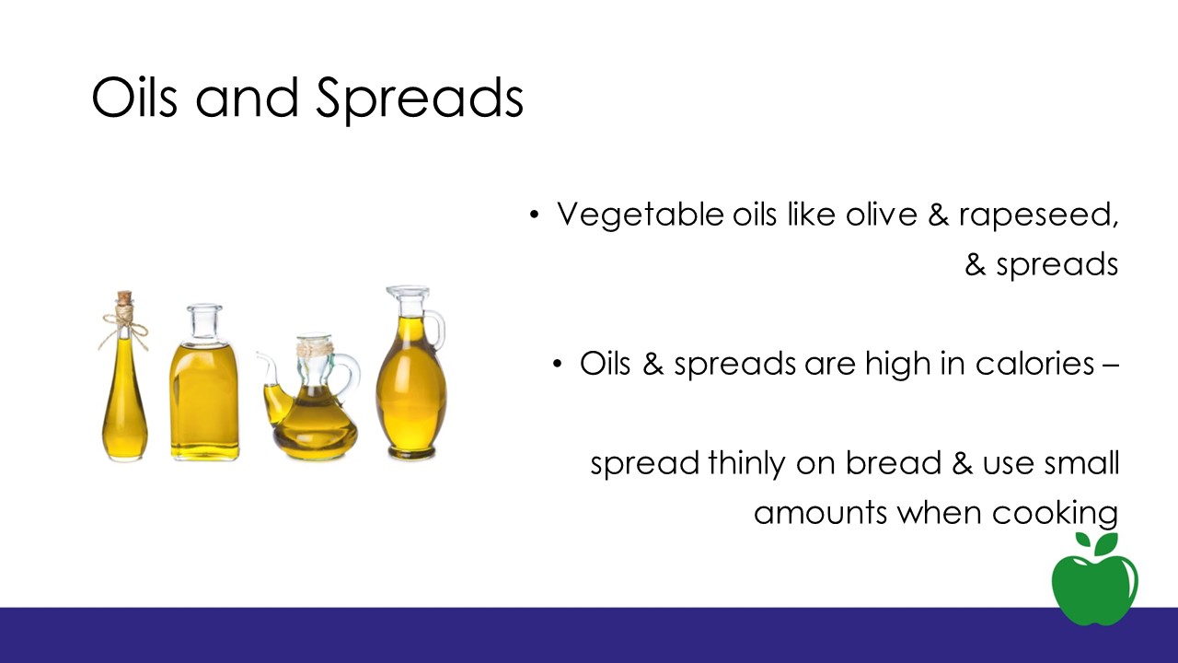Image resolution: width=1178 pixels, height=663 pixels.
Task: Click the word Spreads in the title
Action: (420, 100)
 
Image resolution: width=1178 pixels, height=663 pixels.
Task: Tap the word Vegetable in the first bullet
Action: (640, 215)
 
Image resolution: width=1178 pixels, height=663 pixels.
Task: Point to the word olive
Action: (882, 215)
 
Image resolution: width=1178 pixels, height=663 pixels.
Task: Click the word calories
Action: (1035, 364)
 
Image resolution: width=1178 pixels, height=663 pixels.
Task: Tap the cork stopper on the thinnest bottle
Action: (124, 297)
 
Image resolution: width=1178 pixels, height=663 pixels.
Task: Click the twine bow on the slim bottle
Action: (124, 326)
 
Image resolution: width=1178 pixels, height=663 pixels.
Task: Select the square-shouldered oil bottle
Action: (204, 382)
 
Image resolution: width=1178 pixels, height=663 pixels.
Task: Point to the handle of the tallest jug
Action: (436, 330)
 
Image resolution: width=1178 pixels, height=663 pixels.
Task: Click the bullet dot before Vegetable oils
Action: (535, 215)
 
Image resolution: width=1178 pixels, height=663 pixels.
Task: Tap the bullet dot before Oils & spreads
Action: (558, 364)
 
